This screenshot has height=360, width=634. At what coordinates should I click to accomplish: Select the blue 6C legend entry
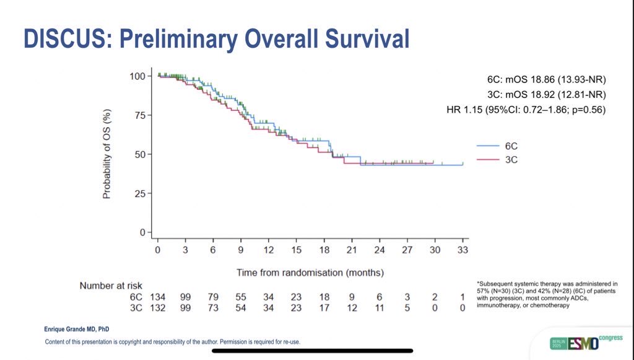pos(502,146)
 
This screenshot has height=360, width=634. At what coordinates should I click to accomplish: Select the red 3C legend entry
pos(502,160)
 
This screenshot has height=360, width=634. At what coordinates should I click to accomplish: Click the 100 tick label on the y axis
pos(137,76)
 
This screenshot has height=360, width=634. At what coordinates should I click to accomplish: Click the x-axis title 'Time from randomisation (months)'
pos(310,272)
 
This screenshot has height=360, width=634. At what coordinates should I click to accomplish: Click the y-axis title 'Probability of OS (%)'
pos(106,154)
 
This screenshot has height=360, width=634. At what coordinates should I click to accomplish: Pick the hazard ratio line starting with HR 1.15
pos(526,110)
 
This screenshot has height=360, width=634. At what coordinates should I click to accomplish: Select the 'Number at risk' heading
pos(111,286)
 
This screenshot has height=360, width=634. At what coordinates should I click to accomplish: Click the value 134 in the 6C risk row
pos(158,297)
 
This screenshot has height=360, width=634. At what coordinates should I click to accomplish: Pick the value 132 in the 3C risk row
pos(158,308)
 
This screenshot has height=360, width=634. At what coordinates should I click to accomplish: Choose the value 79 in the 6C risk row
pos(213,297)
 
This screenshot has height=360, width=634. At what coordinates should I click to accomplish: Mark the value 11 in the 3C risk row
pos(379,308)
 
